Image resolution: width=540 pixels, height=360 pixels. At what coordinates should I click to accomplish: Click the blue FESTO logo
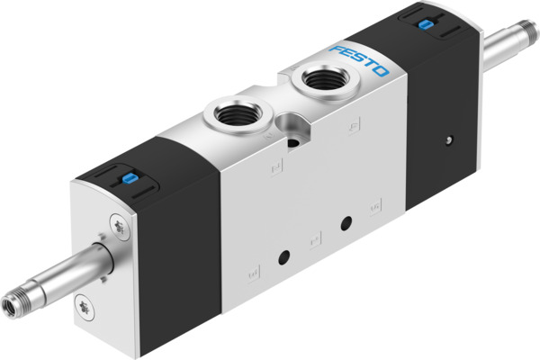tap(360, 59)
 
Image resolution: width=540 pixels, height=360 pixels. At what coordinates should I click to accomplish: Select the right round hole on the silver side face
tap(344, 222)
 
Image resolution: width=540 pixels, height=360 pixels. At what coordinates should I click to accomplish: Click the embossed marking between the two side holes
tap(313, 239)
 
